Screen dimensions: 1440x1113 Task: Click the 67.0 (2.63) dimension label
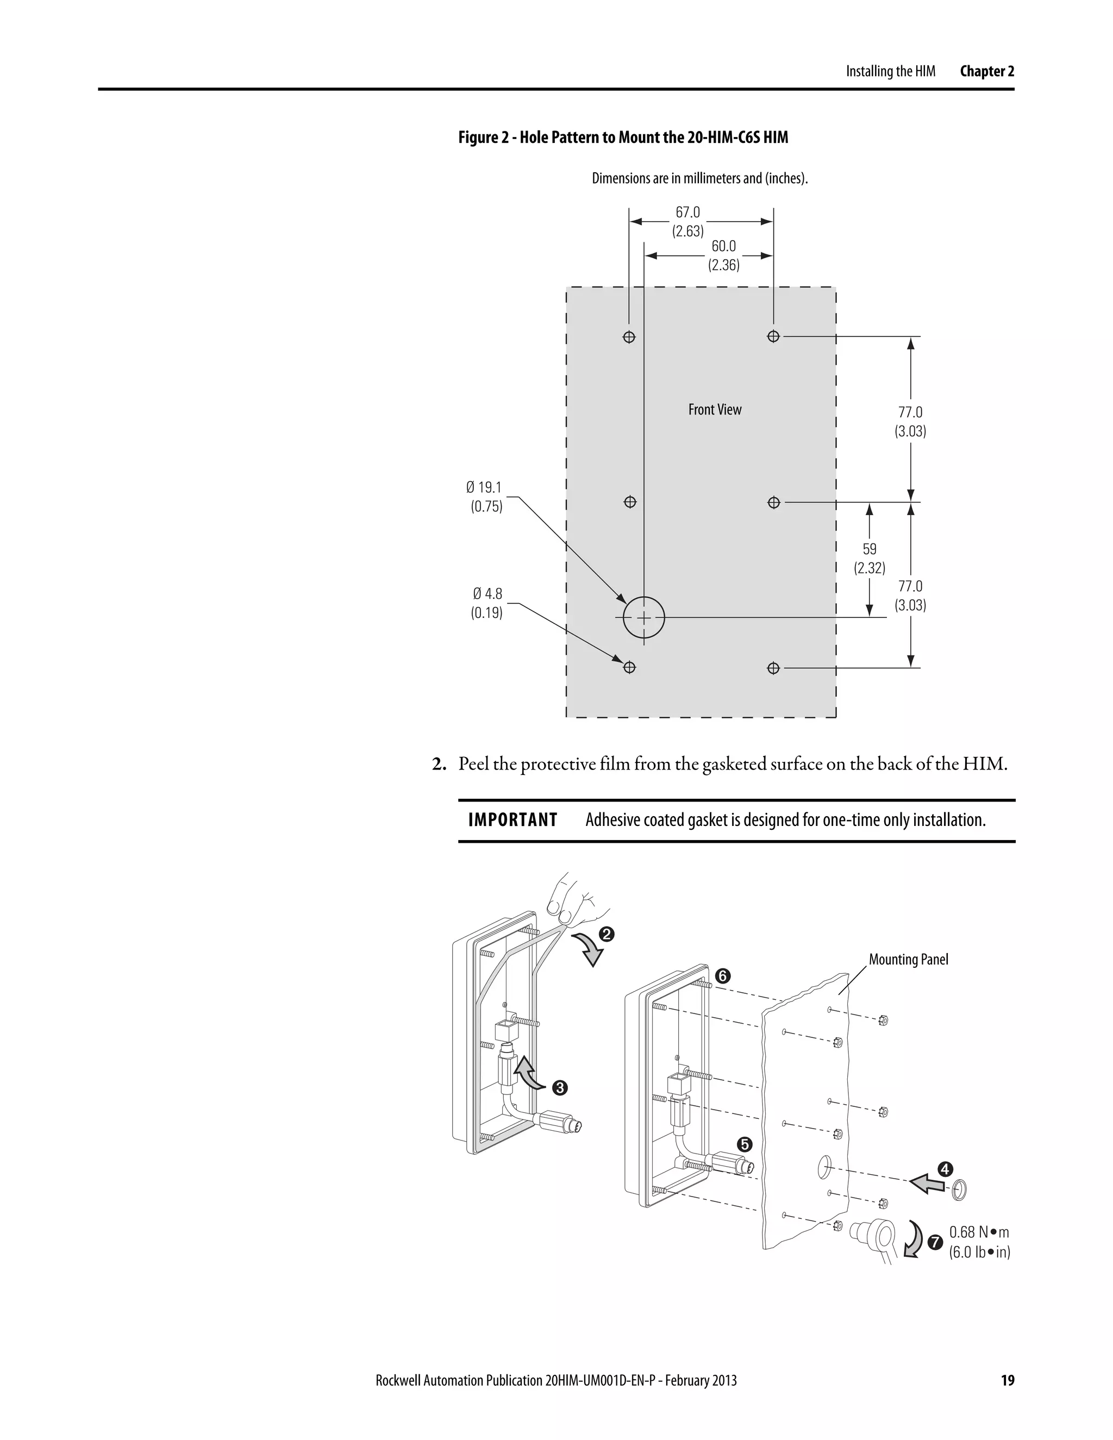tap(687, 222)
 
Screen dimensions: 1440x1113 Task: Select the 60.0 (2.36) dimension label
tap(723, 255)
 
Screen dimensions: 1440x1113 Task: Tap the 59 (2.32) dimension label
tap(869, 559)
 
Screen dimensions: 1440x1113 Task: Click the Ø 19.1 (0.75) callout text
tap(485, 497)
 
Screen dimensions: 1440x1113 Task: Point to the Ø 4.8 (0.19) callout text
tap(486, 603)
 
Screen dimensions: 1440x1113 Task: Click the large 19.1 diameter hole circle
tap(643, 618)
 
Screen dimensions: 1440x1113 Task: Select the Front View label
tap(715, 410)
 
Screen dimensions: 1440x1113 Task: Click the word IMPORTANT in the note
tap(512, 819)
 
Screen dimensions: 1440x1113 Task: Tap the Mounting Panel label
tap(908, 959)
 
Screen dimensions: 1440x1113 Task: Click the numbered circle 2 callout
tap(606, 934)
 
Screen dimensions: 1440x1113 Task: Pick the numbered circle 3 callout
tap(560, 1087)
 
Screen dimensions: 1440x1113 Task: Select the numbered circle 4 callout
tap(945, 1168)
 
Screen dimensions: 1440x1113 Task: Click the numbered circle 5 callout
tap(745, 1143)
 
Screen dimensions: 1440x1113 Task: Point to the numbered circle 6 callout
tap(723, 976)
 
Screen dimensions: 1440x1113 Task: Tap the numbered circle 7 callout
tap(934, 1243)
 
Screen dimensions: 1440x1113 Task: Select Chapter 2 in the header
tap(986, 71)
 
